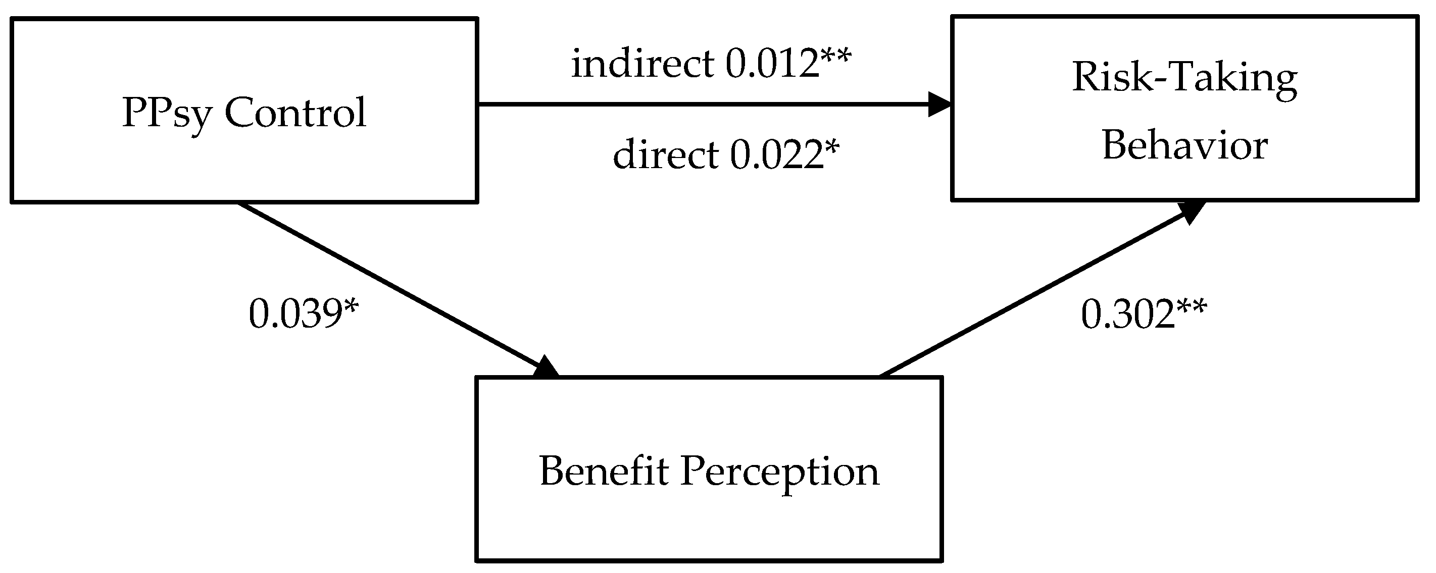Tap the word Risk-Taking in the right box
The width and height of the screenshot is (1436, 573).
point(1184,79)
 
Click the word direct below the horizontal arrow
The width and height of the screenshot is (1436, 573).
point(666,154)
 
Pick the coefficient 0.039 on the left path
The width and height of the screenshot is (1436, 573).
point(294,314)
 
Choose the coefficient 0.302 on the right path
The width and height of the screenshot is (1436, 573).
point(1128,315)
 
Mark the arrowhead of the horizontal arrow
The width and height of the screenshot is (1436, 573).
point(939,104)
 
